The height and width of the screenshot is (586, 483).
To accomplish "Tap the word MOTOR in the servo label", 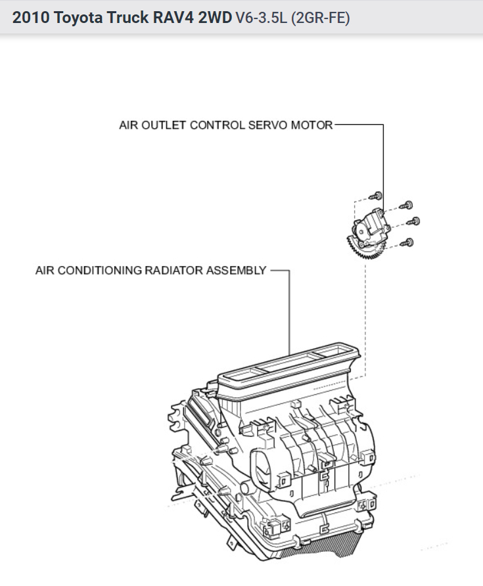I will (x=313, y=125).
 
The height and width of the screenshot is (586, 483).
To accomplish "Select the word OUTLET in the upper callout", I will (x=164, y=125).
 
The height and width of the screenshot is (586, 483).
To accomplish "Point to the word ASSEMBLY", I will (x=235, y=270).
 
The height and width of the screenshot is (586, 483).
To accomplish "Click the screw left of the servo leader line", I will (x=377, y=195).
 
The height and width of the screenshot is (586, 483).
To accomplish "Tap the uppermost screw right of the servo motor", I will (x=408, y=204).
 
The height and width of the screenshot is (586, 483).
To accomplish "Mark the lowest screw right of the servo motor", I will (x=409, y=243).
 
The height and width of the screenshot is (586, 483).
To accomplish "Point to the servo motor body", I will (x=371, y=227).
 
